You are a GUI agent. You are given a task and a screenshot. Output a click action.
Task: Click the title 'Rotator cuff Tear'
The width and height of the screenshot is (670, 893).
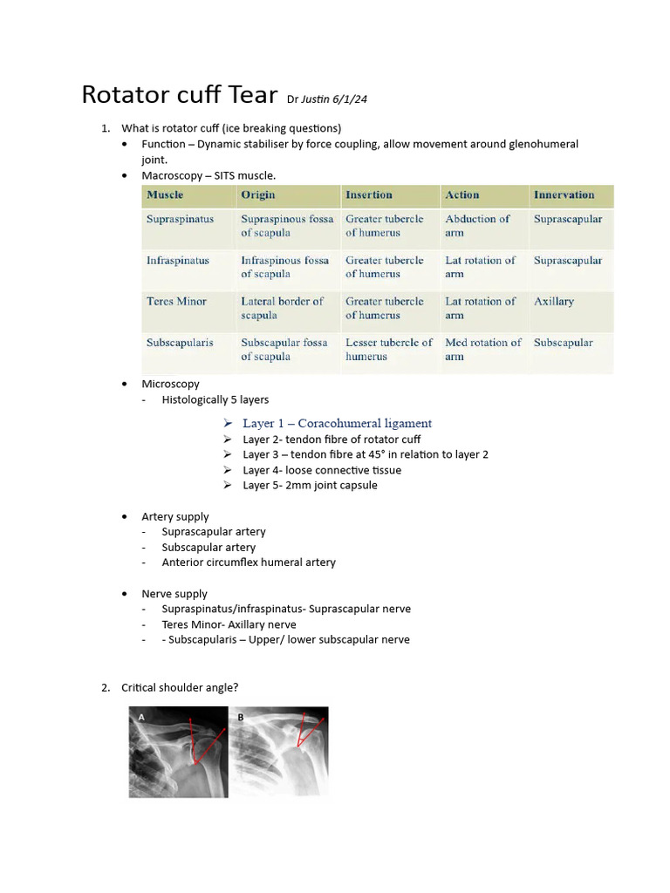[x=180, y=94]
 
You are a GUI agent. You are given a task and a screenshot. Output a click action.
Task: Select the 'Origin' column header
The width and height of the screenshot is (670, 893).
[x=258, y=195]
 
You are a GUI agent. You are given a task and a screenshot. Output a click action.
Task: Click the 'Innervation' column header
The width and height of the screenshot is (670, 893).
[x=564, y=195]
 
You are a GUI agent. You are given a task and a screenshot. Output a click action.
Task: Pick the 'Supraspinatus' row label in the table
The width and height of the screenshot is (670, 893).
[x=180, y=219]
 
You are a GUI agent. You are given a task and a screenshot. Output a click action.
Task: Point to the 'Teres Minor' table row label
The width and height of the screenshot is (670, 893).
[x=176, y=302]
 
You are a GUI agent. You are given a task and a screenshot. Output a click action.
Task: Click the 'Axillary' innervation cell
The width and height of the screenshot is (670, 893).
[x=554, y=302]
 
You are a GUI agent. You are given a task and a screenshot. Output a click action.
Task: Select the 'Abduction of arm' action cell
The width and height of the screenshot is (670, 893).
[x=477, y=226]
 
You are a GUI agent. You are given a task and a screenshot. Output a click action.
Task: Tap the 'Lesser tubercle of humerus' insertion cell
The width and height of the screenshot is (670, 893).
[x=388, y=350]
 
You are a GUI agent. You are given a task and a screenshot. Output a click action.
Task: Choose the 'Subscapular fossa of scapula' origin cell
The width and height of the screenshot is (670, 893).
[x=284, y=350]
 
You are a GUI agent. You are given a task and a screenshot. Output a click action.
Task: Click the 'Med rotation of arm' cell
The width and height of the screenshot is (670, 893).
[x=482, y=350]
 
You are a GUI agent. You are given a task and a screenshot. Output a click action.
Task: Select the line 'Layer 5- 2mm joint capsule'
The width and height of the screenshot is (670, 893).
[x=310, y=486]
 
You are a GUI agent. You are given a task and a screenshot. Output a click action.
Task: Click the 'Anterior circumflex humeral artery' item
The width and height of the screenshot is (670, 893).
[x=249, y=562]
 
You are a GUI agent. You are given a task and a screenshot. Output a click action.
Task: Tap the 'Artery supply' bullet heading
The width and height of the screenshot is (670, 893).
[x=175, y=517]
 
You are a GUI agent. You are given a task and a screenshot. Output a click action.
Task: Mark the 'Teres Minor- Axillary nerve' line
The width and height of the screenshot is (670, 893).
[x=229, y=624]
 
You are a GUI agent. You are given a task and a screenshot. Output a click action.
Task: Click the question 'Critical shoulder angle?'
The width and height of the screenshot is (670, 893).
[x=180, y=688]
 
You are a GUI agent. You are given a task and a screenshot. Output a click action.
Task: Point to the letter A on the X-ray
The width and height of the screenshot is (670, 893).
[x=140, y=718]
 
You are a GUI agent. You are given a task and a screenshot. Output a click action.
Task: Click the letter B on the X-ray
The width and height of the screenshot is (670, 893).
[x=241, y=718]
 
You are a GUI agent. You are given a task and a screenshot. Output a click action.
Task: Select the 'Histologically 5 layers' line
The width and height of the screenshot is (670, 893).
[x=215, y=399]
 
